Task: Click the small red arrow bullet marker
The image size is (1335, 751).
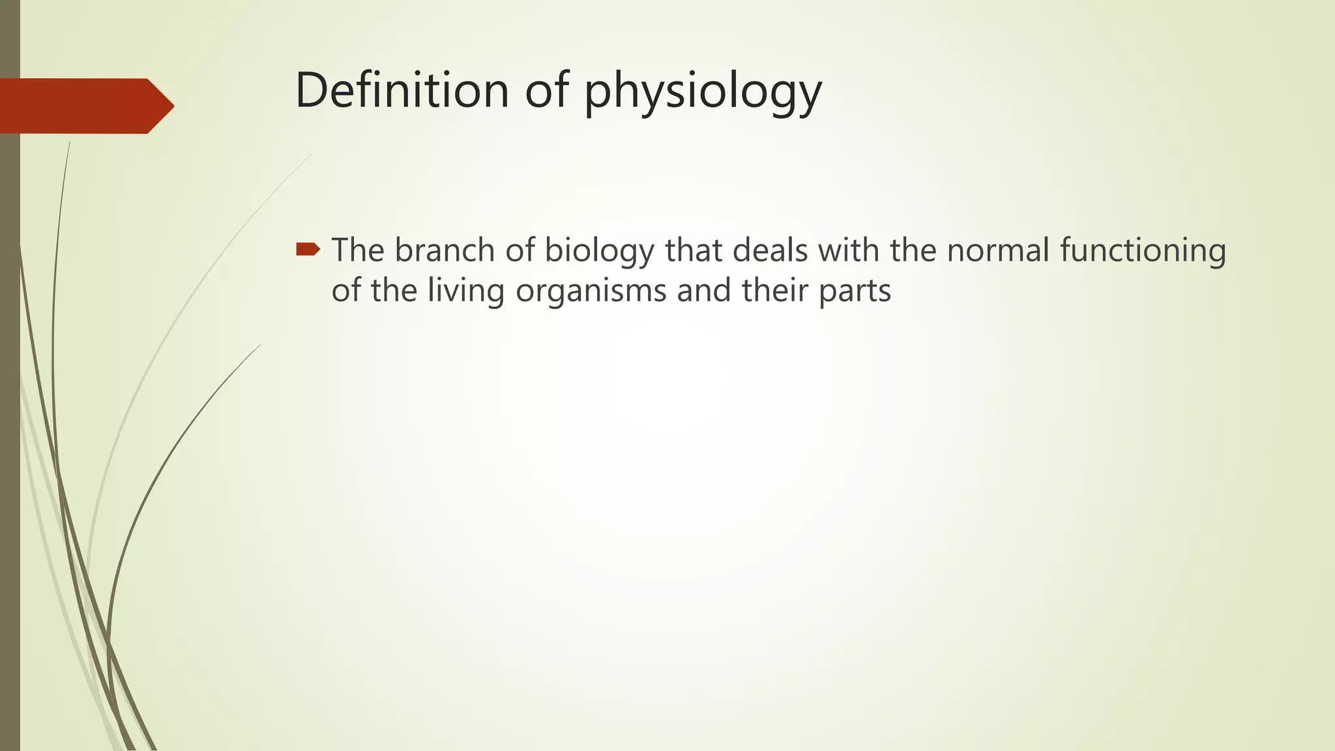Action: tap(308, 249)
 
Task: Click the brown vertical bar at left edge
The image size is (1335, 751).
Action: tap(10, 456)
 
